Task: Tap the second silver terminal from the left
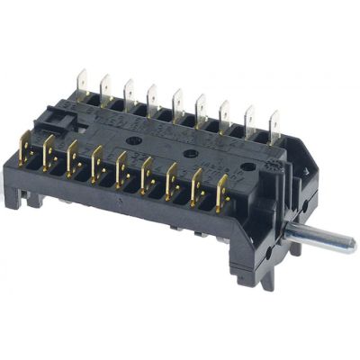coord(105,85)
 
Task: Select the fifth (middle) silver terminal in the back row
coord(177,100)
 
